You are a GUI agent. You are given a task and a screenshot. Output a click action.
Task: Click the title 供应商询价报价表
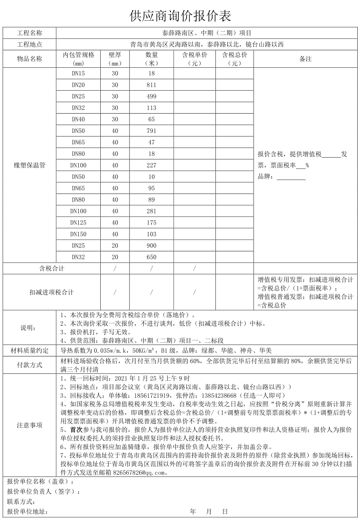coord(180,16)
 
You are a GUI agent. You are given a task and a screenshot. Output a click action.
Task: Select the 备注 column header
coord(305,59)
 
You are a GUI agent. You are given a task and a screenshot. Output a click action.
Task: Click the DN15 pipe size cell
coord(78,73)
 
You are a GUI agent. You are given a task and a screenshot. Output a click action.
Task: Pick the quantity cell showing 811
coord(151,85)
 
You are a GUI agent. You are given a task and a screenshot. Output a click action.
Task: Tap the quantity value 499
coord(151,96)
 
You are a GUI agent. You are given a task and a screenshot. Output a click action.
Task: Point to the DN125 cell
coord(78,223)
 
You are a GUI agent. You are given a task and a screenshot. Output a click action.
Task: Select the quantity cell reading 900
coord(151,246)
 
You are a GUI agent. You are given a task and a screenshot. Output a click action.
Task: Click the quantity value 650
coord(151,257)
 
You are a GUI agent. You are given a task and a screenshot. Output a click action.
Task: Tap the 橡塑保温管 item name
coord(30,165)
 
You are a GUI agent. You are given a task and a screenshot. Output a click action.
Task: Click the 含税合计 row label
coord(51,268)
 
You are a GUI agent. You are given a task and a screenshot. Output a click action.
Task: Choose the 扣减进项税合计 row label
coord(51,292)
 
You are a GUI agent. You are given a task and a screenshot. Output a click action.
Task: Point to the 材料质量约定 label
coord(30,350)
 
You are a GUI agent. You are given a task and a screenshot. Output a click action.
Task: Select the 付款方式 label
coord(30,365)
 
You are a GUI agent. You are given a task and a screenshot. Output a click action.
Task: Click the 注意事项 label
coord(30,425)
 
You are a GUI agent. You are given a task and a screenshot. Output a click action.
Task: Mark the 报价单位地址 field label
coord(27,511)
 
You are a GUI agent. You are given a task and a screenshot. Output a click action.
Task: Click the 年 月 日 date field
coord(209,511)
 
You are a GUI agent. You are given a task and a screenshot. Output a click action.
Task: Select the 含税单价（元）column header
coord(194,59)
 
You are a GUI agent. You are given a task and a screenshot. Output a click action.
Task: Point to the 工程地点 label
coord(30,44)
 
